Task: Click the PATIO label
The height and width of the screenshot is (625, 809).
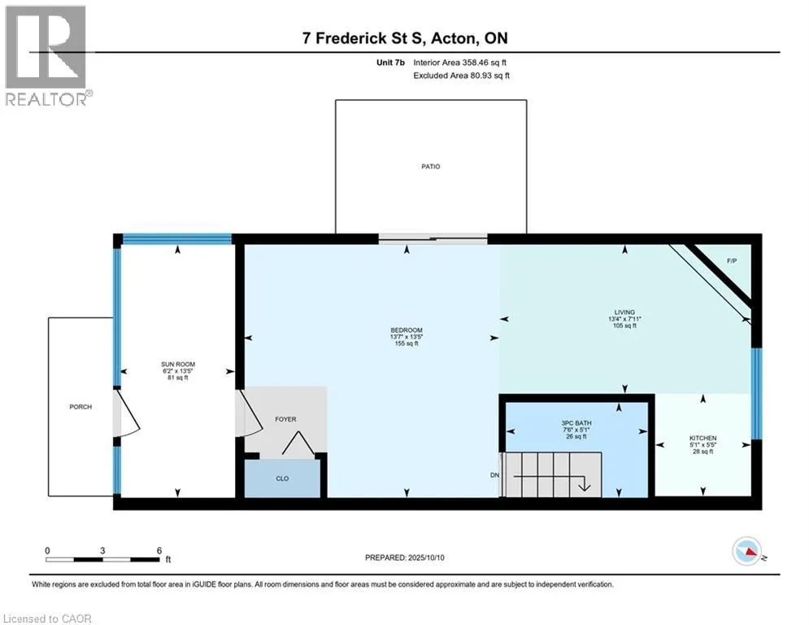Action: tap(431, 166)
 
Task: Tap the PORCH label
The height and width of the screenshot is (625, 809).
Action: tap(80, 407)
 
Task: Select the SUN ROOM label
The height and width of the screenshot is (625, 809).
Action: tap(178, 364)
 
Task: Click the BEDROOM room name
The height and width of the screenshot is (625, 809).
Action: tap(407, 330)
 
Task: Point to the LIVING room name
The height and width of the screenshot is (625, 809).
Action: tap(624, 312)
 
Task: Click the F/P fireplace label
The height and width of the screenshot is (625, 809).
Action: tap(732, 261)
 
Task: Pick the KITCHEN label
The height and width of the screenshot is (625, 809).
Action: tap(702, 438)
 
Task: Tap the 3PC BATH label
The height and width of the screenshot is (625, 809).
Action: tap(576, 423)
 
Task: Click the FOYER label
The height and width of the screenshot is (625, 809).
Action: tap(285, 419)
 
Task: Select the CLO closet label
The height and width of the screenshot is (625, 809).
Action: tap(282, 479)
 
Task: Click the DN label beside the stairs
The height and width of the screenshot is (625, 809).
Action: tap(495, 474)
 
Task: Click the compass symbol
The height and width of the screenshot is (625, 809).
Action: tap(747, 551)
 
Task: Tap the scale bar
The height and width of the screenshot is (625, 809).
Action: tap(102, 559)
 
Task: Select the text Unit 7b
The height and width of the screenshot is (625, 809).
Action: tap(390, 63)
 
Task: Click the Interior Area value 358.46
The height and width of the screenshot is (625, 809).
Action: tap(475, 63)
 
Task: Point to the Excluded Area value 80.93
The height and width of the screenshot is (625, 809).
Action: tap(481, 76)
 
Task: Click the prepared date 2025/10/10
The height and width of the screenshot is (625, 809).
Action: tap(426, 557)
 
